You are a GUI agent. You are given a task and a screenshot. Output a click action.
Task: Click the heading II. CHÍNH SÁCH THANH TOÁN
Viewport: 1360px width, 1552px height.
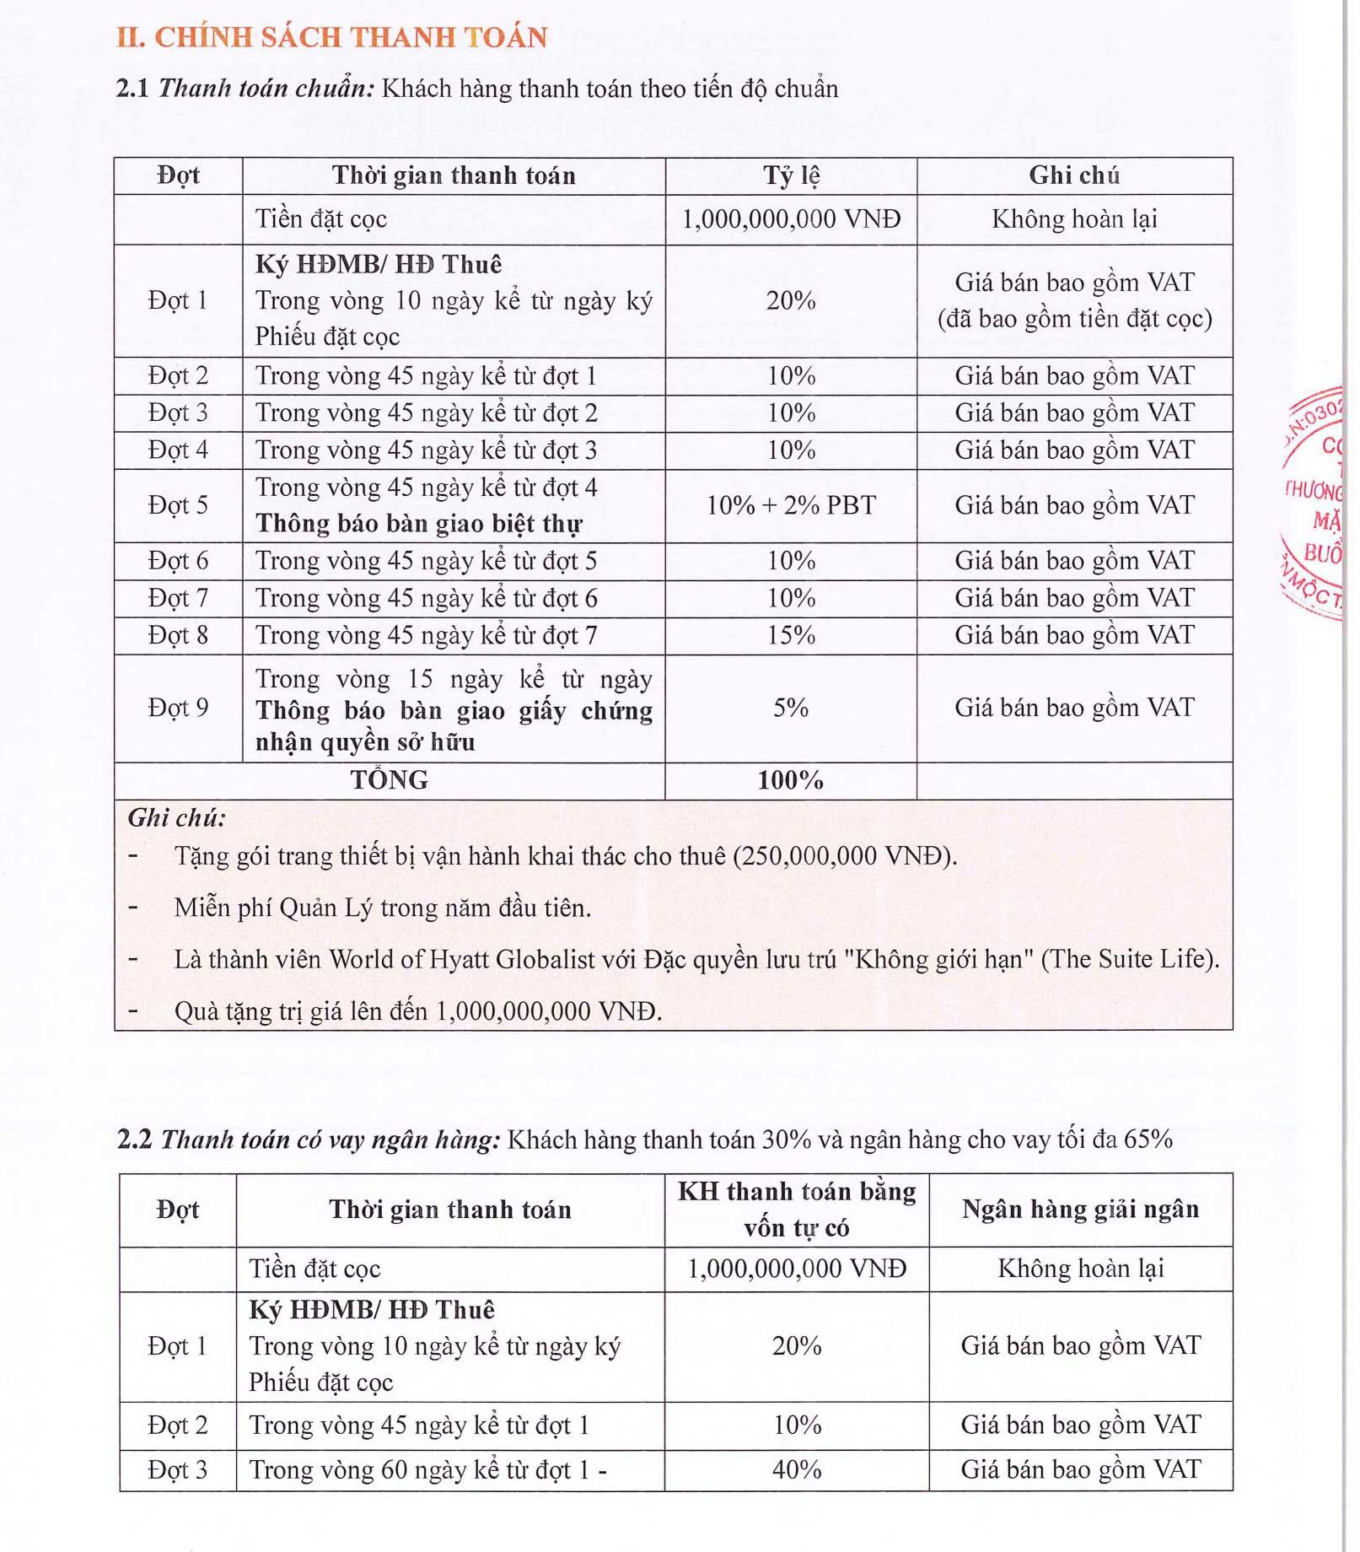pos(331,37)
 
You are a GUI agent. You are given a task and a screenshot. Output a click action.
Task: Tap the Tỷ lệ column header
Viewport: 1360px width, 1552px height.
pos(790,175)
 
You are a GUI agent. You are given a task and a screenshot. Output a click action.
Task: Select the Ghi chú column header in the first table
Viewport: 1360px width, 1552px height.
pos(1073,175)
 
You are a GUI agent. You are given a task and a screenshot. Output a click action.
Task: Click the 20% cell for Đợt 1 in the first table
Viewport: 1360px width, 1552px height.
pos(790,300)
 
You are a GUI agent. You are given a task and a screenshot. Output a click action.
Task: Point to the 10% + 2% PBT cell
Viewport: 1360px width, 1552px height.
pos(790,505)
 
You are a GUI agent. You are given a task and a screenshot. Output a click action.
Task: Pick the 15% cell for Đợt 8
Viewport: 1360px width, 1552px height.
pos(790,635)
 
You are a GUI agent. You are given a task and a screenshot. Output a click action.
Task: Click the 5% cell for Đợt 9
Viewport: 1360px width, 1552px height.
pos(790,708)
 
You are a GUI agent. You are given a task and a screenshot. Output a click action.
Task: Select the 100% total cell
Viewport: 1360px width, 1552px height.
pos(790,780)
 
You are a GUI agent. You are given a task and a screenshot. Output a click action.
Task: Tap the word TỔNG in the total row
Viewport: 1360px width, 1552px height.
pos(389,780)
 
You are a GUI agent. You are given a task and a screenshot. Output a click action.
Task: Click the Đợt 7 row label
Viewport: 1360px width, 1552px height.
pos(178,598)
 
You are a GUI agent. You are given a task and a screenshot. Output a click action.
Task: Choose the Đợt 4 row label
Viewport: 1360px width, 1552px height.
pos(178,450)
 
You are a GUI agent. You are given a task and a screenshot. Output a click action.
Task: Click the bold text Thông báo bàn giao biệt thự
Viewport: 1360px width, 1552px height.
pos(419,524)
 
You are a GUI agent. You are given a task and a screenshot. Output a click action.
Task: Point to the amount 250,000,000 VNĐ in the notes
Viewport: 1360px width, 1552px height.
pos(843,856)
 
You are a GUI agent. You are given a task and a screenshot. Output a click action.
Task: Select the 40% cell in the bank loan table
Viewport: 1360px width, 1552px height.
pos(796,1470)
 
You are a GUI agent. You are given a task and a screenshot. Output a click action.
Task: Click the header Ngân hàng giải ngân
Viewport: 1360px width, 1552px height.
pos(1080,1210)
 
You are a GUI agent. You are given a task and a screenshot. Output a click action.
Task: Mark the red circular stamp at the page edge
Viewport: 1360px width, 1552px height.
pos(1315,504)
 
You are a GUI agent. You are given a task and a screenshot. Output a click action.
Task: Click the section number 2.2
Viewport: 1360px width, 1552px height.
pos(134,1140)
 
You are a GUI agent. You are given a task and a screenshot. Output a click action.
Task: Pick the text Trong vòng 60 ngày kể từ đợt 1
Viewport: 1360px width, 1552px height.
pos(419,1470)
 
